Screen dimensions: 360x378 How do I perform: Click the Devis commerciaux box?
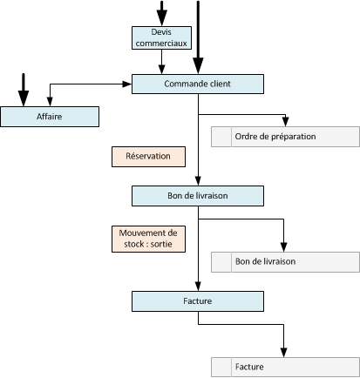pos(161,37)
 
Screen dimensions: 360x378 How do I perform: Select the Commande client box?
pos(198,84)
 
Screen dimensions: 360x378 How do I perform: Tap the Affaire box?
pos(50,117)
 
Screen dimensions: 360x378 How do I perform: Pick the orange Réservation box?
pos(148,157)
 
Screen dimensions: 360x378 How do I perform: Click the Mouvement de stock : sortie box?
pos(148,239)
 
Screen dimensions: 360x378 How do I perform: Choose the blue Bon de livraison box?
pos(198,196)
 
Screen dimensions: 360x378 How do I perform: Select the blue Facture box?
pos(198,301)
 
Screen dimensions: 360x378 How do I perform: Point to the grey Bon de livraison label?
pos(265,261)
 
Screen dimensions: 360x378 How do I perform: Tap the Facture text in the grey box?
pos(249,367)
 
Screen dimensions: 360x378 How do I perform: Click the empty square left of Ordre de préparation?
pos(221,137)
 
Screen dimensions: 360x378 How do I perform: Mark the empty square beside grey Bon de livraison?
pos(221,262)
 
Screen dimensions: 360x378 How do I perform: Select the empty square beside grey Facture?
pos(221,368)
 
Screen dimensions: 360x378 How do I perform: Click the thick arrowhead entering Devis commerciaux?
pos(162,18)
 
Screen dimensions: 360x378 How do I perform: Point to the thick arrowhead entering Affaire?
pos(24,98)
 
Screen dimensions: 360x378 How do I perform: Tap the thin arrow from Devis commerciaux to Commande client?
pos(161,62)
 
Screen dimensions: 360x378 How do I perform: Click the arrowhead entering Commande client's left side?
pos(127,84)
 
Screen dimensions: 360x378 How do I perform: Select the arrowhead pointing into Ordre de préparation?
pos(286,122)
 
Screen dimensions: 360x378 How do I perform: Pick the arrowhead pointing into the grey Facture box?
pos(284,353)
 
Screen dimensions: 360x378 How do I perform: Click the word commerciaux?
pos(161,44)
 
